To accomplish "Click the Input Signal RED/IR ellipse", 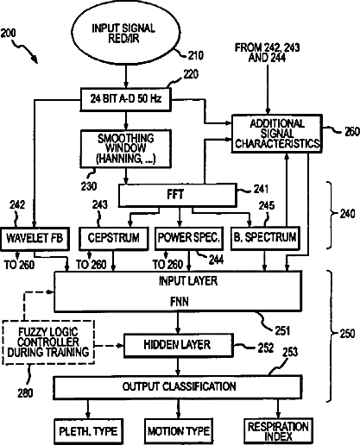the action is pyautogui.click(x=125, y=33).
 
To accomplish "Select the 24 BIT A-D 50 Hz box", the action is pyautogui.click(x=125, y=99).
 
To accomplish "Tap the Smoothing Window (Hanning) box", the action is pyautogui.click(x=125, y=148).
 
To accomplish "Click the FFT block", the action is pyautogui.click(x=178, y=195).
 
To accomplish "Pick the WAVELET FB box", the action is pyautogui.click(x=35, y=239).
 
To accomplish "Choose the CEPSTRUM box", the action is pyautogui.click(x=114, y=238).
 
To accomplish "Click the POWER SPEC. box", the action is pyautogui.click(x=189, y=238).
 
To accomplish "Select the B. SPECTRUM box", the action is pyautogui.click(x=265, y=238).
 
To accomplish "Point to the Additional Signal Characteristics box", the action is pyautogui.click(x=277, y=134).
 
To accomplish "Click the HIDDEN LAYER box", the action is pyautogui.click(x=178, y=346).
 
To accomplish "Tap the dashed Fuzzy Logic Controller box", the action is pyautogui.click(x=48, y=342).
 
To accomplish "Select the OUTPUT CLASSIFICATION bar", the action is pyautogui.click(x=178, y=387).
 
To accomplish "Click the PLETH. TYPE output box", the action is pyautogui.click(x=89, y=431).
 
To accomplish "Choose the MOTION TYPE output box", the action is pyautogui.click(x=179, y=431).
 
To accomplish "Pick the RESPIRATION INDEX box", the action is pyautogui.click(x=278, y=431).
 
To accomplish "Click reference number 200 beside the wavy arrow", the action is pyautogui.click(x=9, y=34).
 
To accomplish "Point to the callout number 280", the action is pyautogui.click(x=25, y=393).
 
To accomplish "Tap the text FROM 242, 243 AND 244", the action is pyautogui.click(x=268, y=53).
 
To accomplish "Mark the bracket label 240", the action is pyautogui.click(x=347, y=214).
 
